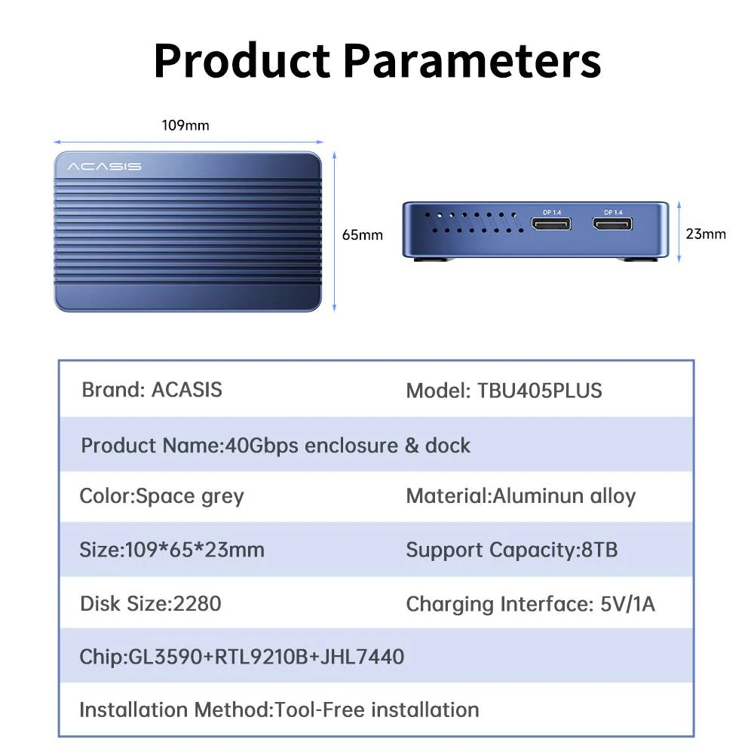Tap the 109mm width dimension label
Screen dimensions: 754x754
click(x=185, y=125)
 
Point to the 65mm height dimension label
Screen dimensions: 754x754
click(x=362, y=234)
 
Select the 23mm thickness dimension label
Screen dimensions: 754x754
click(x=706, y=234)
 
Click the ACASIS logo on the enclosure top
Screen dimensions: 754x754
click(x=104, y=166)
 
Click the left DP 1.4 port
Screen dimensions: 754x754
click(x=551, y=224)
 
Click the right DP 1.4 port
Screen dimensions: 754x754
click(x=612, y=224)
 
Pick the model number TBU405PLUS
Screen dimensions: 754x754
click(x=539, y=391)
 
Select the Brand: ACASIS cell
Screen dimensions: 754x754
click(x=152, y=390)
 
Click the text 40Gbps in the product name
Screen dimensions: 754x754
click(x=262, y=445)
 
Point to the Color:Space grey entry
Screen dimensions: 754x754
click(x=161, y=496)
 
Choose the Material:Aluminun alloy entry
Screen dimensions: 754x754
click(x=520, y=496)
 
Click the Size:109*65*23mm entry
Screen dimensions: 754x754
click(x=172, y=549)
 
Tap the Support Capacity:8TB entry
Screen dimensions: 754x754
click(x=511, y=549)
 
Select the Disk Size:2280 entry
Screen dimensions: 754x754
click(x=150, y=603)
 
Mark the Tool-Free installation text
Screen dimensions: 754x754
click(x=377, y=710)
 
